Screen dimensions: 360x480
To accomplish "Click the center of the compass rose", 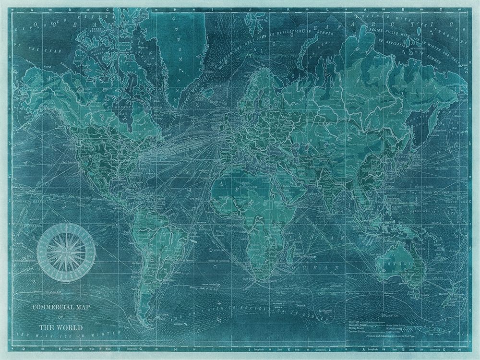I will tap(66, 253).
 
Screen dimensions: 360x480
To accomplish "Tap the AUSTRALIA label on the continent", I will tap(399, 264).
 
